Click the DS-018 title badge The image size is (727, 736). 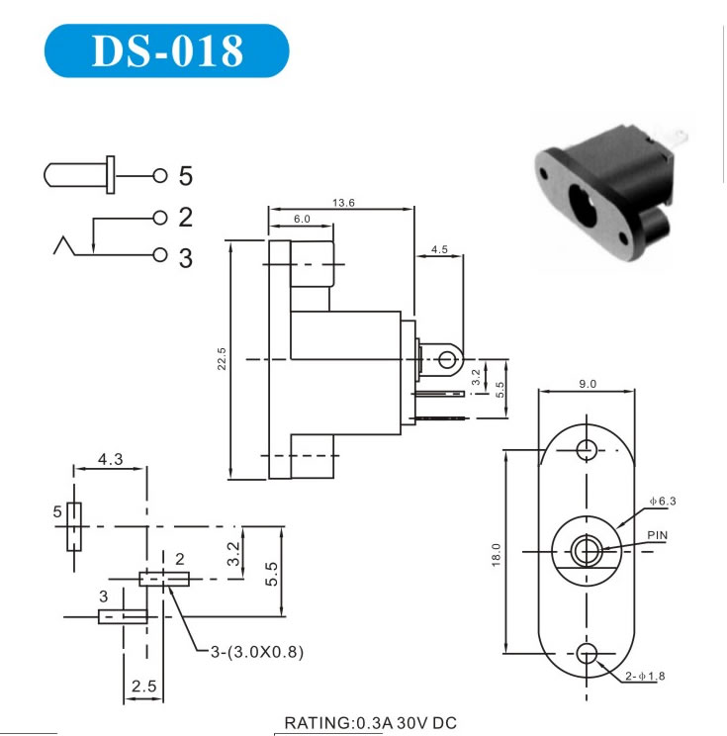[166, 50]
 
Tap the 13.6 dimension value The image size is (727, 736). [344, 203]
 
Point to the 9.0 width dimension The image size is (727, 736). [588, 384]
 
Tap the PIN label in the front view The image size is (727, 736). [658, 535]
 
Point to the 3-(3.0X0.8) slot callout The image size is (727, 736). [257, 652]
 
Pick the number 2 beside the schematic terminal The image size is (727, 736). [185, 217]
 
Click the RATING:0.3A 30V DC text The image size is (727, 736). [371, 723]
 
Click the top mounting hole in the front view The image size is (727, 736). [588, 448]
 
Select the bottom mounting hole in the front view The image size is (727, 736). [588, 653]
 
